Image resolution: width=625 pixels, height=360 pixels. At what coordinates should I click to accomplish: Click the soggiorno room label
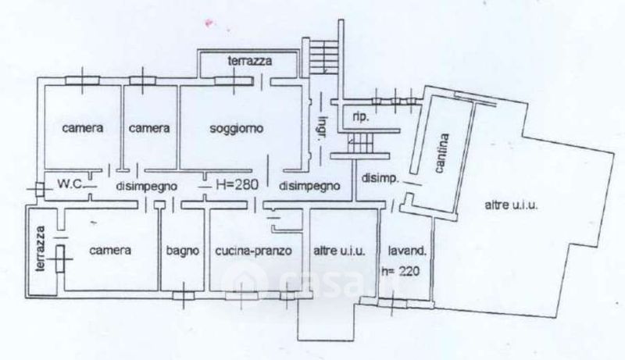tap(237, 129)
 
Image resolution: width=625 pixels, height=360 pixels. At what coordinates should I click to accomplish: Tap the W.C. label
tap(70, 184)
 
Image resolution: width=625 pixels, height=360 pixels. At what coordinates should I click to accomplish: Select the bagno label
tap(183, 251)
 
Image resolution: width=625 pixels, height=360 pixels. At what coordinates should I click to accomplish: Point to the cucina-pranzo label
tap(253, 251)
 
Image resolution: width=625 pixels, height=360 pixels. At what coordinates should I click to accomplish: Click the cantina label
tap(441, 153)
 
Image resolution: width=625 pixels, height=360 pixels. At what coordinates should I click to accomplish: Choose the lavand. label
tap(407, 251)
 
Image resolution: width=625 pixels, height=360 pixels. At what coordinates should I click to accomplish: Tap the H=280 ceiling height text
tap(237, 184)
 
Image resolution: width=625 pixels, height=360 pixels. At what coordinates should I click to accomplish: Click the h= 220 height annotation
tap(401, 271)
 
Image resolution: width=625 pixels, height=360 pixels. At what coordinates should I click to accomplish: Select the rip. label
tap(361, 118)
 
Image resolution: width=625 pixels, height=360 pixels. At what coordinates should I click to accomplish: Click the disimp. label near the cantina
tap(380, 178)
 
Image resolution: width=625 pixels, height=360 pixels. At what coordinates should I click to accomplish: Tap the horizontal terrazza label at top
tap(250, 61)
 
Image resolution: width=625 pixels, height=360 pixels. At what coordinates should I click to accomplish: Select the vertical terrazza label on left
tap(40, 249)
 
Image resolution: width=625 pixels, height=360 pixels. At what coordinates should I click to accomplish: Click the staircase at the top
tap(324, 55)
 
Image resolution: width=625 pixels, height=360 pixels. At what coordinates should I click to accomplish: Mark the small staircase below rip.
tap(361, 143)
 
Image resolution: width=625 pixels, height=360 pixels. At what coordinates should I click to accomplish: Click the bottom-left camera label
tap(110, 251)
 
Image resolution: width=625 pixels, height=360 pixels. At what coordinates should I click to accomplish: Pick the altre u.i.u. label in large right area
tap(512, 205)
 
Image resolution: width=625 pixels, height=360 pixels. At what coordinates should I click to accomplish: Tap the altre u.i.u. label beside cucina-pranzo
tap(339, 251)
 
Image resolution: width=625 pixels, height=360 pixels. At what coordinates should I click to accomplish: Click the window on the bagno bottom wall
tap(184, 295)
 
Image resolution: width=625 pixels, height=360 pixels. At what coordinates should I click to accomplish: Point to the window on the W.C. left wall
tap(40, 189)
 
